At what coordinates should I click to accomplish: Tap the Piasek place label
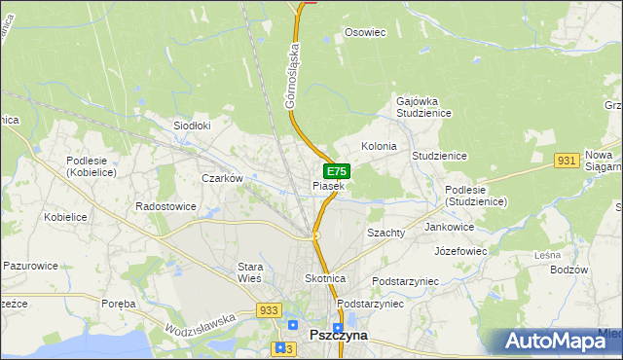tap(328, 186)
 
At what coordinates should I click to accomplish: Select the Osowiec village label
tap(366, 32)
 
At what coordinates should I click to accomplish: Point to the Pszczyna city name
tap(337, 335)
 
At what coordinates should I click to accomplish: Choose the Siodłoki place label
tap(192, 126)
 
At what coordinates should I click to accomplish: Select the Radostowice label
tap(165, 207)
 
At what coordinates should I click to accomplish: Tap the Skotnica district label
tap(326, 278)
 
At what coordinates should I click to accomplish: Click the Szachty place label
tap(385, 234)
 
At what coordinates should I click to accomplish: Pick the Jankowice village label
tap(449, 227)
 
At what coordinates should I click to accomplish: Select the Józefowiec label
tap(460, 250)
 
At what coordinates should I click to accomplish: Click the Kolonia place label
tap(379, 146)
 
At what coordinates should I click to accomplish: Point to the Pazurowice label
tap(31, 265)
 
